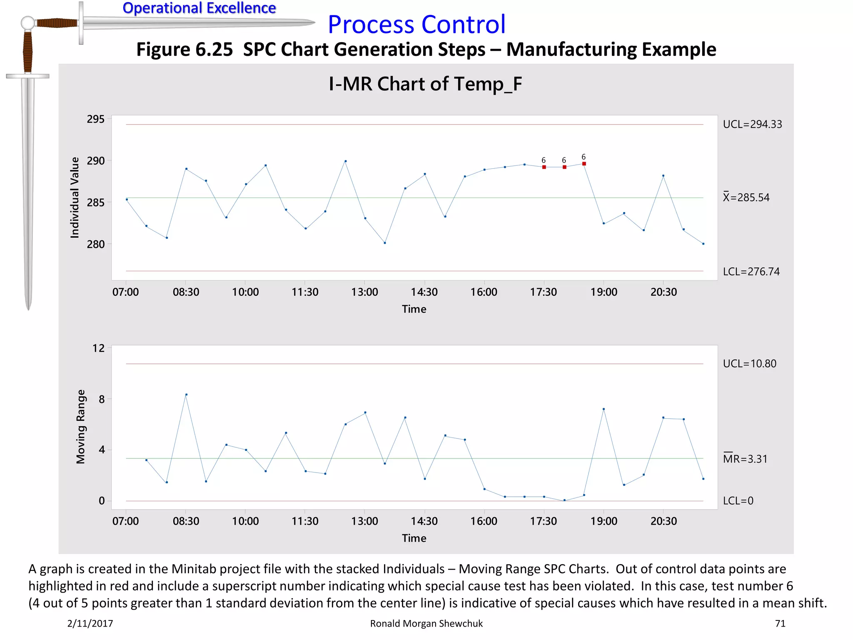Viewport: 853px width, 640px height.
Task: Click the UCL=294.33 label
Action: tap(752, 124)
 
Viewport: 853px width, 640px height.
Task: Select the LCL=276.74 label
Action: tap(751, 272)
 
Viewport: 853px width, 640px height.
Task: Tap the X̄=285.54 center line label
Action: tap(746, 197)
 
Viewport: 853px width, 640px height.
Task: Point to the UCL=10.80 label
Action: tap(749, 364)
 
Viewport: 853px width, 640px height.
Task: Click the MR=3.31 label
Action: tap(745, 459)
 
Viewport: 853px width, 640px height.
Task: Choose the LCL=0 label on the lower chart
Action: tap(738, 501)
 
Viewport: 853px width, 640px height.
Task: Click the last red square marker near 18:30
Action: tap(584, 164)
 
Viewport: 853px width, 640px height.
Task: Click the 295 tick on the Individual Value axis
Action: tap(95, 119)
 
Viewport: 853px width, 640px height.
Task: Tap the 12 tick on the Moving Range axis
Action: tap(98, 348)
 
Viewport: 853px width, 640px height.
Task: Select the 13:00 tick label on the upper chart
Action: tap(364, 292)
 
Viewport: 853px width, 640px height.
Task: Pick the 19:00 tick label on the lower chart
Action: tap(604, 521)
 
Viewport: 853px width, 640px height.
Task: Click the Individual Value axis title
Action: tap(75, 197)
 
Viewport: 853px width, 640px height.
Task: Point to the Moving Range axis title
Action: tap(81, 427)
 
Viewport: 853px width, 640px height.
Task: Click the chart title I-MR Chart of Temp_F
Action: tap(425, 84)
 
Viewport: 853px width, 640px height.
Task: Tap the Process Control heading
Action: tap(417, 24)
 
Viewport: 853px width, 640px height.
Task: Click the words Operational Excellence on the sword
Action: tap(199, 8)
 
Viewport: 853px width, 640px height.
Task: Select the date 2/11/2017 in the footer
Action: tap(90, 623)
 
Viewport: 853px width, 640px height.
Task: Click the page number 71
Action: tap(780, 623)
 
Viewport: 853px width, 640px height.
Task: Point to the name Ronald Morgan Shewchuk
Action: tap(426, 623)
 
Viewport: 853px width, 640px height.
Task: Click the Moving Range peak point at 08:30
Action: tap(186, 394)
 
